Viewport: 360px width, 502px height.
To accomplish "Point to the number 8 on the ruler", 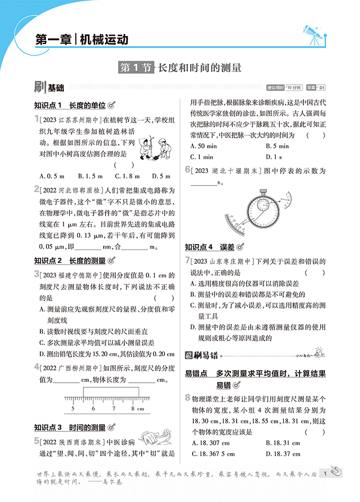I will coord(132,409).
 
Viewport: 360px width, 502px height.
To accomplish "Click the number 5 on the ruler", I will coord(72,409).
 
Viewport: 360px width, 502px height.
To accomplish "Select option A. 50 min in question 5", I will coord(204,146).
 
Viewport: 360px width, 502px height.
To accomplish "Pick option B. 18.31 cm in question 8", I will coord(283,443).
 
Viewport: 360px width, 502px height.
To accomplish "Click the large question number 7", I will coord(187,260).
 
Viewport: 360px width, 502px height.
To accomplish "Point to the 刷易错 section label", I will coord(202,356).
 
